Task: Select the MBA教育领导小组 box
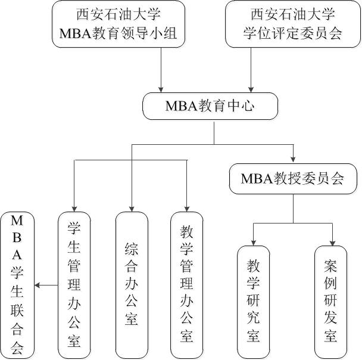coord(118,23)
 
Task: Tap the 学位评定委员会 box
coord(292,23)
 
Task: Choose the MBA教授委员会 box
coord(292,178)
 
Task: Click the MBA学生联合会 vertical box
coord(17,284)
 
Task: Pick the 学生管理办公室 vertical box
coord(74,284)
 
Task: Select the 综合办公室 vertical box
coord(132,284)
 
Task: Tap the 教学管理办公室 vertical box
coord(186,284)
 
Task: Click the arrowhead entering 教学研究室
coord(254,241)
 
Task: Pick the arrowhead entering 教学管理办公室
coord(186,207)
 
